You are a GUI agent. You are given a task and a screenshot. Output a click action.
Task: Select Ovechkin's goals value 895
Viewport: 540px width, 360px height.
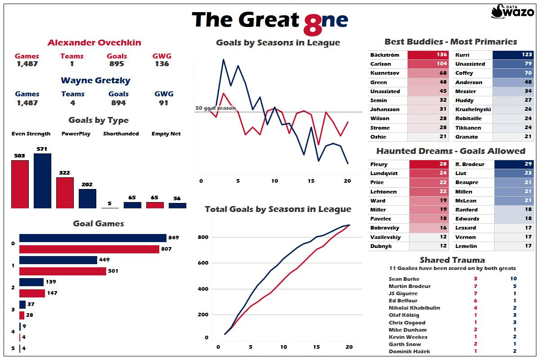(x=117, y=64)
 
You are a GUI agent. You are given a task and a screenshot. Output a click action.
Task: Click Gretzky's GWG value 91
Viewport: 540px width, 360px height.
(x=163, y=103)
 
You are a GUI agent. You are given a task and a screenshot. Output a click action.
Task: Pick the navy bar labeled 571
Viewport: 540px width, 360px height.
(x=42, y=181)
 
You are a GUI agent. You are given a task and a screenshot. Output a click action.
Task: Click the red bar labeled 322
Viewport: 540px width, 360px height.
(x=65, y=193)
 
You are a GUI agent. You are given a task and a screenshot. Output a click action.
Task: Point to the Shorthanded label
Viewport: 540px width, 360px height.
(x=121, y=134)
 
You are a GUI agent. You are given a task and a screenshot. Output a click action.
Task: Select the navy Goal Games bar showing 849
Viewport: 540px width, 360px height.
(x=93, y=238)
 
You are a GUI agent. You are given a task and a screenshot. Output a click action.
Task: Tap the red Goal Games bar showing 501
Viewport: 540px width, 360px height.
(x=63, y=271)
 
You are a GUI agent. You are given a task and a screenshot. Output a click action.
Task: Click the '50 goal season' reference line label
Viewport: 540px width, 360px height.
(x=216, y=108)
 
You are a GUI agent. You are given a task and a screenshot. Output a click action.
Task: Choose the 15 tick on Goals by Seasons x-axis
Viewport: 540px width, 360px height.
(x=311, y=181)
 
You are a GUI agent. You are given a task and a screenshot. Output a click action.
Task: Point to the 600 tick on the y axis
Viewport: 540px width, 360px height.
(x=204, y=263)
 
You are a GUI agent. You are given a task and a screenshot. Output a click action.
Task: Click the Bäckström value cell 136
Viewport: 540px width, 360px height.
(x=425, y=55)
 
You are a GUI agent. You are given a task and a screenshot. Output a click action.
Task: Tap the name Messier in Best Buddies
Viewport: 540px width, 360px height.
(x=465, y=91)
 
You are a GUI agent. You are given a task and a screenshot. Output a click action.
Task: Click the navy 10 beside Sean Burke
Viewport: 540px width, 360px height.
(x=513, y=279)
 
